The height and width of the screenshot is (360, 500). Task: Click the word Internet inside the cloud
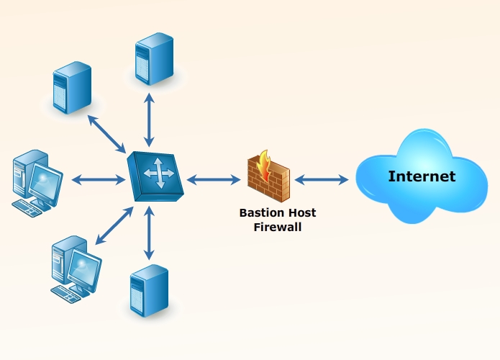pos(422,176)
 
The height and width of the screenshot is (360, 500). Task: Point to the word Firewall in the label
pos(278,226)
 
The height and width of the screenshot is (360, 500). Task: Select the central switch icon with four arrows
pos(155,175)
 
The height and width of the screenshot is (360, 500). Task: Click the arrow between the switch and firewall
pos(213,178)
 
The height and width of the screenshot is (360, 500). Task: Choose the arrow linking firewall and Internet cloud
pos(321,178)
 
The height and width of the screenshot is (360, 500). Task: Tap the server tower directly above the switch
pos(154,58)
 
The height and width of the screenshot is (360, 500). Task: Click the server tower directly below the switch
pos(149,290)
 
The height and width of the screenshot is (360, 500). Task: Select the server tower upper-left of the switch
pos(72,87)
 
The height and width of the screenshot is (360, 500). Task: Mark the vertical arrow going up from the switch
pos(149,120)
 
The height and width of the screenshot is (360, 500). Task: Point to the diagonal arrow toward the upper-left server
pos(108,132)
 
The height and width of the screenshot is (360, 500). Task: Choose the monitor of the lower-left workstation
pos(85,268)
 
